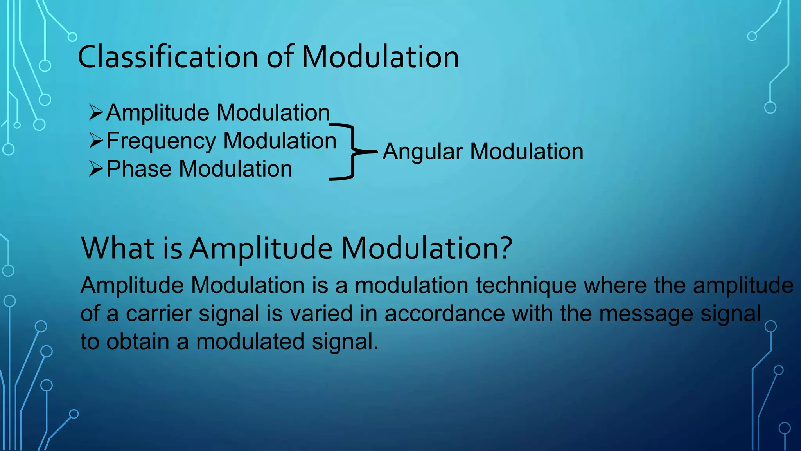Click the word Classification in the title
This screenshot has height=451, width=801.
pos(167,57)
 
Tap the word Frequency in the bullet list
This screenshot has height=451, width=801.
pos(161,141)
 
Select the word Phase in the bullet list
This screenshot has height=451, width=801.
pos(139,169)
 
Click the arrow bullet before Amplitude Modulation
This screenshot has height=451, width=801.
pos(96,112)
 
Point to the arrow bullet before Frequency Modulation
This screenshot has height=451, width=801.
pos(96,141)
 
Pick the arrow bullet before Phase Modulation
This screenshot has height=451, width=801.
pos(96,169)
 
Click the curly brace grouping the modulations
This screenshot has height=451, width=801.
pos(352,152)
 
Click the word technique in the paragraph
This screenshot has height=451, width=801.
pos(526,286)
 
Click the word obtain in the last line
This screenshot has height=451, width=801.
pos(138,341)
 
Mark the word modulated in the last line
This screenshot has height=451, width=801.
pos(250,341)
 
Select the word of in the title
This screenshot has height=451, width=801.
pos(280,57)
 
